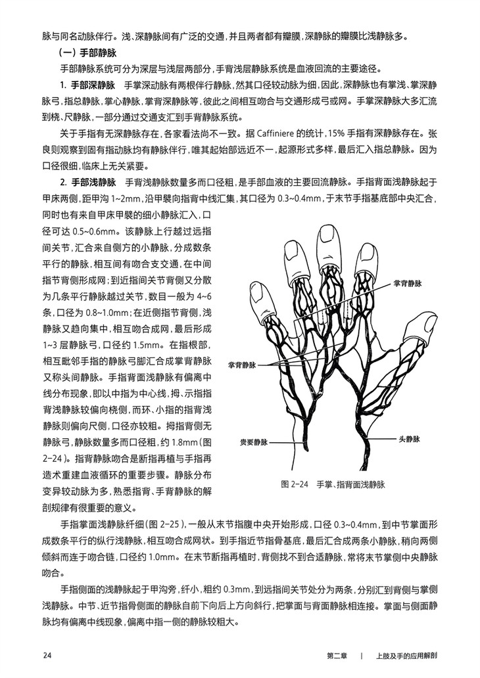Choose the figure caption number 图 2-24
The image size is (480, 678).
pyautogui.click(x=295, y=485)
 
